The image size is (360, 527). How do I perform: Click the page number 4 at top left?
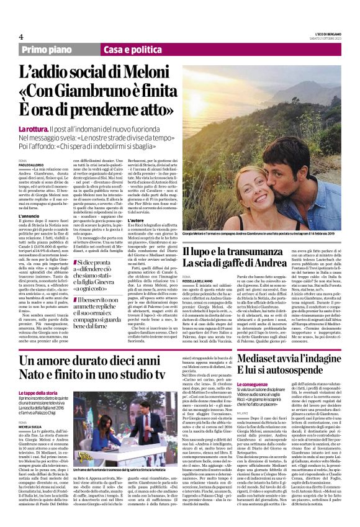pos(20,36)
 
